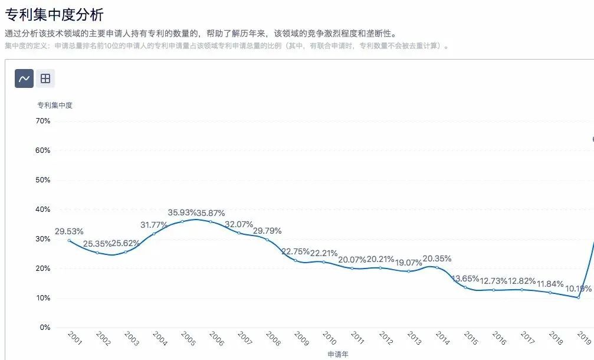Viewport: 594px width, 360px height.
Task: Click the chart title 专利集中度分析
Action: coord(54,15)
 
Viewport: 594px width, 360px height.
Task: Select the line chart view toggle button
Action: coord(24,78)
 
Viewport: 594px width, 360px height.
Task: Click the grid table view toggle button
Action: coord(45,78)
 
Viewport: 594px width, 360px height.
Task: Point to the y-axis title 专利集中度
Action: coord(55,106)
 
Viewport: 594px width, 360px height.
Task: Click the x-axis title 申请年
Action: coord(338,354)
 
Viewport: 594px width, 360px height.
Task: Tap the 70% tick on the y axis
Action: coord(43,121)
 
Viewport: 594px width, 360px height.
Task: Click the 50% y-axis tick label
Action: coord(43,180)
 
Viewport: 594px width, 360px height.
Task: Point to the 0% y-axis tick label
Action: coord(45,328)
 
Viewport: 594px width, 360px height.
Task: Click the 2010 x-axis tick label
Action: coord(330,339)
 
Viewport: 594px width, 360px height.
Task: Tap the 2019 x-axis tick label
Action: coord(585,339)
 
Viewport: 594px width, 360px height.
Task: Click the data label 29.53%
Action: coord(69,231)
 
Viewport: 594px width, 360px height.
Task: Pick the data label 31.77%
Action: coord(155,224)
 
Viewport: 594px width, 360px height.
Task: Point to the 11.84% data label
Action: coord(549,284)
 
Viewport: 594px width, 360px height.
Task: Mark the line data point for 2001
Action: coord(69,240)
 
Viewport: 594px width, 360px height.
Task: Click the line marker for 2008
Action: coord(267,240)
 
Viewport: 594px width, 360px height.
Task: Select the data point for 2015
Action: coord(465,287)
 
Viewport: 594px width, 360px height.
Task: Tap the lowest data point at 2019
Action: coord(579,297)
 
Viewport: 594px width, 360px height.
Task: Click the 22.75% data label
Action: coord(296,251)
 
